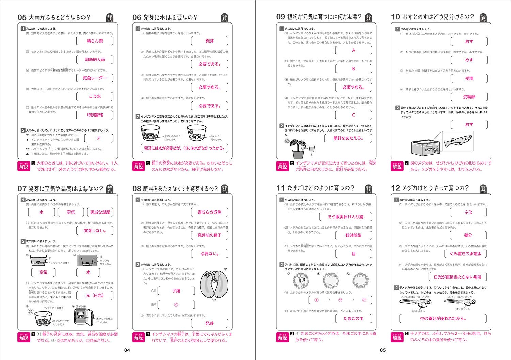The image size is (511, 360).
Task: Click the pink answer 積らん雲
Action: pos(95,41)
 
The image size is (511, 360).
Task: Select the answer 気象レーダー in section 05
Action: pos(95,78)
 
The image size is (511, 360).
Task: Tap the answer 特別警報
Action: pos(95,115)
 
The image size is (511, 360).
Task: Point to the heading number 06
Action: pos(137,17)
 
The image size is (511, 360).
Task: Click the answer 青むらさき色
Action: pos(210,212)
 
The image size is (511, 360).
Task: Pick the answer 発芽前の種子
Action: pos(210,235)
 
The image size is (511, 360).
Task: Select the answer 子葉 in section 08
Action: pos(176,291)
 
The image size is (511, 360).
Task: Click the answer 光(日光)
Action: pos(95,295)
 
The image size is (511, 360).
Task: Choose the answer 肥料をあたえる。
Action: pos(348,138)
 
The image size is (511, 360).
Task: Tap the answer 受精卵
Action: pos(469,97)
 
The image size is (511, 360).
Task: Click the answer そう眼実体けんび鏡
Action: pos(345,217)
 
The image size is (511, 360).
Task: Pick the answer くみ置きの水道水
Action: pos(465,254)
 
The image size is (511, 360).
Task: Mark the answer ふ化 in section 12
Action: pos(468,212)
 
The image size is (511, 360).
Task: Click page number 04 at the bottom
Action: pos(127,350)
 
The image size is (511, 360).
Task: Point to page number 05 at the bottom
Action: pos(383,350)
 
